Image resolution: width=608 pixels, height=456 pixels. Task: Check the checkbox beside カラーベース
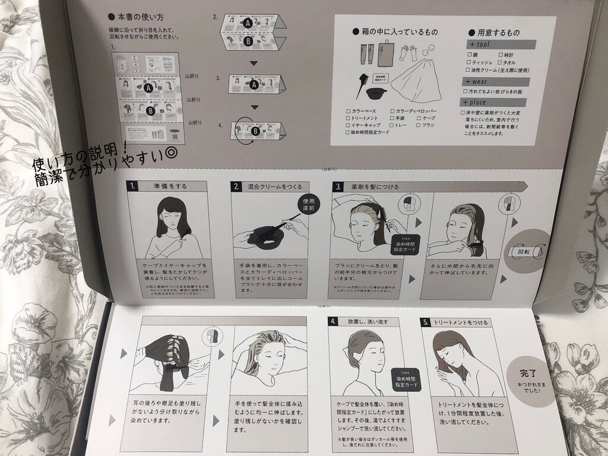click(348, 111)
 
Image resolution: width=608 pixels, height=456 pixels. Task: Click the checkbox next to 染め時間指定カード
click(348, 133)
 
